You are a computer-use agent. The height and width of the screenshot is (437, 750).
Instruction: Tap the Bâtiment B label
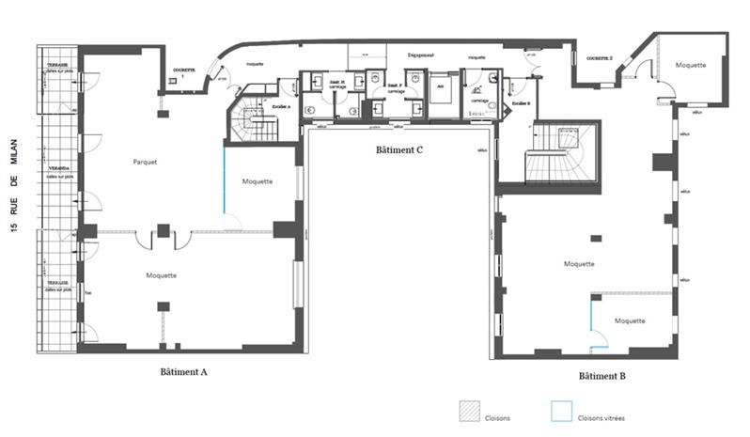(602, 376)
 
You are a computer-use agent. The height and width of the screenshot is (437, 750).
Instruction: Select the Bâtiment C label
(397, 149)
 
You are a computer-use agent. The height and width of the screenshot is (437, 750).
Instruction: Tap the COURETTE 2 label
(599, 58)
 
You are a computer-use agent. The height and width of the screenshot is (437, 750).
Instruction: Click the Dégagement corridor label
(420, 55)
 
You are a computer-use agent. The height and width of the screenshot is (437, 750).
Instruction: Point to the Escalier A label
(280, 106)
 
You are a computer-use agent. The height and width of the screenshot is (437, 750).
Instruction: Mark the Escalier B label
(521, 103)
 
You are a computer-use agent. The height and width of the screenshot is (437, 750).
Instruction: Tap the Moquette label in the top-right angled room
(691, 64)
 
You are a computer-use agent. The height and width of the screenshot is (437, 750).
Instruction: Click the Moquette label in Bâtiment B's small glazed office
(630, 320)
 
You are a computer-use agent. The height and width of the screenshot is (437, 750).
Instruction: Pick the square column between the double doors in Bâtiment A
(164, 231)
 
